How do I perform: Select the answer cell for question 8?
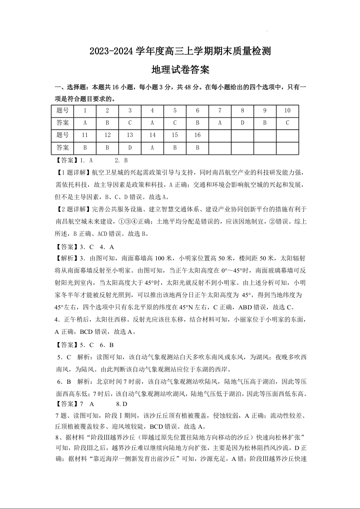(242, 123)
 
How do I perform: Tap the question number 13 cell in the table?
(130, 135)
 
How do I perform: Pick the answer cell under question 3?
(130, 123)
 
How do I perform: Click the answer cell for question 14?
(153, 147)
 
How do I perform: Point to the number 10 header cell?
(287, 111)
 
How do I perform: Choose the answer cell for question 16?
(197, 147)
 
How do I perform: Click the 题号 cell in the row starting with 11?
(63, 135)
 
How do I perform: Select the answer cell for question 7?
(220, 123)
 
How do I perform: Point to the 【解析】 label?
(66, 258)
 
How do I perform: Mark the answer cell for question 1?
(85, 123)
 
